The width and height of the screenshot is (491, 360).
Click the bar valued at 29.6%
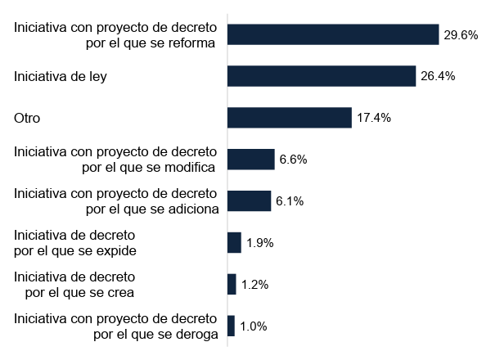pos(333,34)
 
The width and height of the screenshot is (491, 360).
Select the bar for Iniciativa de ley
pos(322,76)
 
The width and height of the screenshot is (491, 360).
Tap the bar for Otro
pos(289,118)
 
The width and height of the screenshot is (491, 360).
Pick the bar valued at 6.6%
pos(250,160)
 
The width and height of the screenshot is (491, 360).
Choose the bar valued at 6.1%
pos(249,201)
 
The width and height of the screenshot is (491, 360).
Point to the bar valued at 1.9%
pos(234,243)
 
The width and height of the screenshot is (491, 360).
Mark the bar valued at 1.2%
pos(232,284)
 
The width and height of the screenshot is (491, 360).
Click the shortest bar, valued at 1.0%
pos(231,326)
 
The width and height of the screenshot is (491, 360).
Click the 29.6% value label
pos(461,35)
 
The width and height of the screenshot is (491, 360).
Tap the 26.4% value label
pos(438,76)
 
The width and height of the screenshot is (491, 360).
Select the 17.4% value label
pos(374,118)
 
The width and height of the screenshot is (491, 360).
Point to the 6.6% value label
pos(293,160)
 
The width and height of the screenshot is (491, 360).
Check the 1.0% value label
pos(253,326)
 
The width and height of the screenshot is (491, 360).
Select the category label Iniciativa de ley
pos(61,77)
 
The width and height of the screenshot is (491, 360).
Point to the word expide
pos(115,251)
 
